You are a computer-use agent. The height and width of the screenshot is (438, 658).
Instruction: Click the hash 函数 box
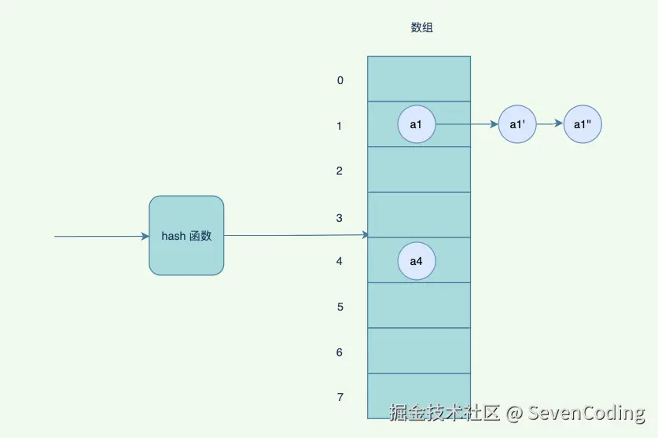point(186,236)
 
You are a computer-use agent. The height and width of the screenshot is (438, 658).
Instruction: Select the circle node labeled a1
point(417,124)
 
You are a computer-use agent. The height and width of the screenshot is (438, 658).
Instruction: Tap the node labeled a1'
point(517,124)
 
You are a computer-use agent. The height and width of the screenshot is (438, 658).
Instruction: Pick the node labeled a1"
point(583,124)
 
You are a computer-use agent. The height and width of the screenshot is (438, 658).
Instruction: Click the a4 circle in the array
point(417,261)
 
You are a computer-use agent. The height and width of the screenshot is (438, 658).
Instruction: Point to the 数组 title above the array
point(422,28)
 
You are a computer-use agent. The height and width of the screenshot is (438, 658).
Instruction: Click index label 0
point(340,80)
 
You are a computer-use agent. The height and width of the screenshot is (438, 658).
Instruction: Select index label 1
point(340,126)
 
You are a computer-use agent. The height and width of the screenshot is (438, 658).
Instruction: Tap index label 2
point(340,171)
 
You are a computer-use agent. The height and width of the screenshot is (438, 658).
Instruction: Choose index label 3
point(340,218)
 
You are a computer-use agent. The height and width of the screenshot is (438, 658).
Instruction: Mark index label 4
point(340,261)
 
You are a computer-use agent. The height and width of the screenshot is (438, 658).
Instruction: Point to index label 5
point(340,307)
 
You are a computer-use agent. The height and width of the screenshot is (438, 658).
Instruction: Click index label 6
point(340,352)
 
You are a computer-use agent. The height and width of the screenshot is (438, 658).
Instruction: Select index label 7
point(340,397)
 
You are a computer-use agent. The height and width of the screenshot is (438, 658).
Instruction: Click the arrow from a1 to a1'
point(467,124)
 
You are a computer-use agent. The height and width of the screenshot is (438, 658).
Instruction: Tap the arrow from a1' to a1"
point(550,124)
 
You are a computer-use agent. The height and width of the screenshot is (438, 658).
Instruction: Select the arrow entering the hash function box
point(101,236)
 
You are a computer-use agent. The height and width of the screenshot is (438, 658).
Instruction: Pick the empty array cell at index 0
point(419,79)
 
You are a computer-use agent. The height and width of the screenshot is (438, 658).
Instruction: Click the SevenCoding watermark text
point(586,413)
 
